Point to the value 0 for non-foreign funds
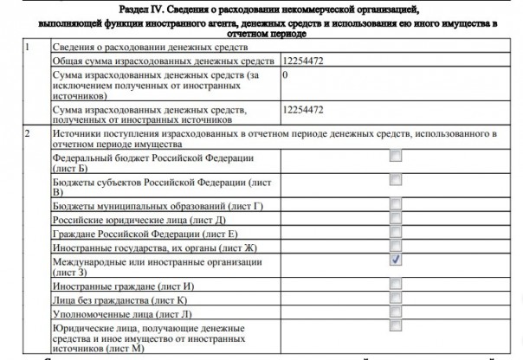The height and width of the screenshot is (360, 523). pyautogui.click(x=285, y=77)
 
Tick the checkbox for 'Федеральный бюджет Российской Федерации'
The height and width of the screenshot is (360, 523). pyautogui.click(x=395, y=157)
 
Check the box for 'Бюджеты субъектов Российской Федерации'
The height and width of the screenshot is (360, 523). pyautogui.click(x=395, y=180)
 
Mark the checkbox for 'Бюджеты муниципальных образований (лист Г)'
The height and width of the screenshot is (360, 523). pyautogui.click(x=395, y=205)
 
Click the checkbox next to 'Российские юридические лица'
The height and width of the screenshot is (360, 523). pyautogui.click(x=395, y=219)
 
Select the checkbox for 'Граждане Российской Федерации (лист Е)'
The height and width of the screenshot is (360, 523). pyautogui.click(x=395, y=233)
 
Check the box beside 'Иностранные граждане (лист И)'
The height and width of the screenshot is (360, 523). pyautogui.click(x=395, y=284)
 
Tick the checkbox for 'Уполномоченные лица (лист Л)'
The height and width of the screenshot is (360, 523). pyautogui.click(x=395, y=312)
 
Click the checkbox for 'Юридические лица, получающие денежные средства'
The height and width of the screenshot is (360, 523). pyautogui.click(x=395, y=327)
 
